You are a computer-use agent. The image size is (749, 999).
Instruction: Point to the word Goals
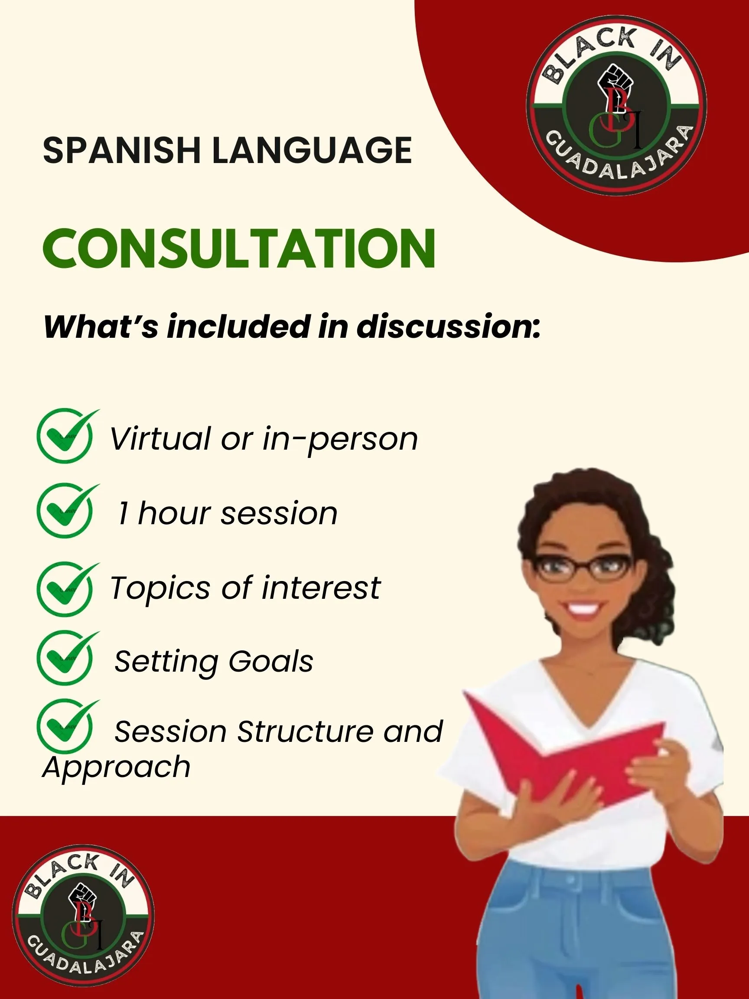(270, 663)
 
